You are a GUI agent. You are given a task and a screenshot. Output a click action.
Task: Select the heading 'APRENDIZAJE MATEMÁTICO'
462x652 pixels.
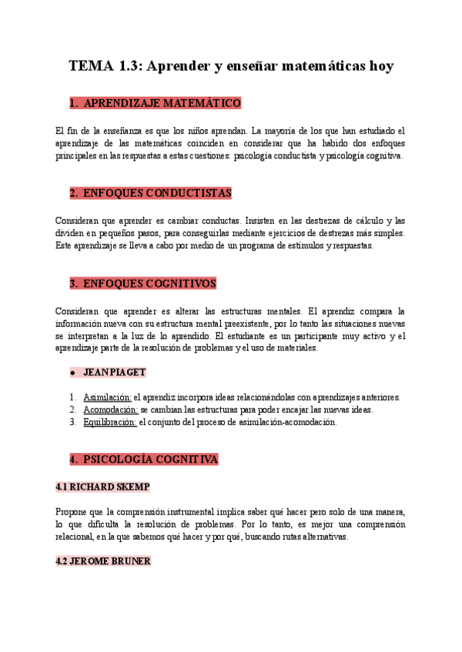pyautogui.click(x=162, y=103)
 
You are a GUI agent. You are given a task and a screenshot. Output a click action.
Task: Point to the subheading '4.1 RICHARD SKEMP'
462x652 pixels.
pyautogui.click(x=102, y=487)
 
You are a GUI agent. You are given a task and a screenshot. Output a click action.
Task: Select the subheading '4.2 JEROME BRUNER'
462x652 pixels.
pyautogui.click(x=103, y=561)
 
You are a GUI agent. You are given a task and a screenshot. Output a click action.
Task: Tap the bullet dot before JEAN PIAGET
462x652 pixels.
pyautogui.click(x=72, y=373)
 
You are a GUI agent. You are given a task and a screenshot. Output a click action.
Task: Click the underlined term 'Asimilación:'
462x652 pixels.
pyautogui.click(x=107, y=398)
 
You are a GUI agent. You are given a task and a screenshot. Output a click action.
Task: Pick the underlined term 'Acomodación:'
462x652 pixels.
pyautogui.click(x=110, y=410)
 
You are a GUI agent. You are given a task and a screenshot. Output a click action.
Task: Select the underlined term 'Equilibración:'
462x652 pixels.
pyautogui.click(x=109, y=422)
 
